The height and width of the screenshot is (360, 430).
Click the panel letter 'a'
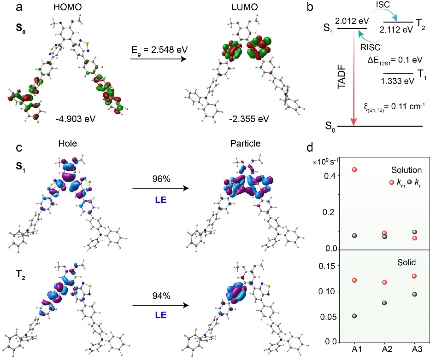coord(6,7)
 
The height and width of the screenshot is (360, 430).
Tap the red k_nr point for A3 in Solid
coord(414,276)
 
